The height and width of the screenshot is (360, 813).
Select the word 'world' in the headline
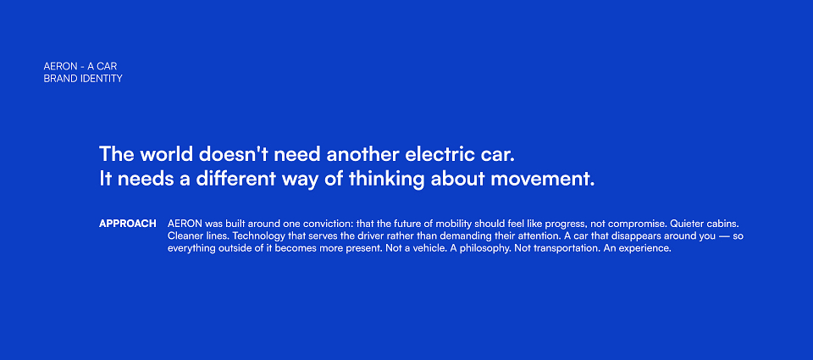tap(167, 154)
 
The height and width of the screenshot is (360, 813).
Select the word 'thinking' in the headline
tap(386, 180)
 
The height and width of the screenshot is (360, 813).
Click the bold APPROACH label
tap(128, 224)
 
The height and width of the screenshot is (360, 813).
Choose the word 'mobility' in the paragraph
tap(453, 224)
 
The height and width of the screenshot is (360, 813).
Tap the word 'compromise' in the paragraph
tap(640, 224)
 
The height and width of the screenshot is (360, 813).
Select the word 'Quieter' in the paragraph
tap(687, 224)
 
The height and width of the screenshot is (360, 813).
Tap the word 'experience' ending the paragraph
tap(649, 249)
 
